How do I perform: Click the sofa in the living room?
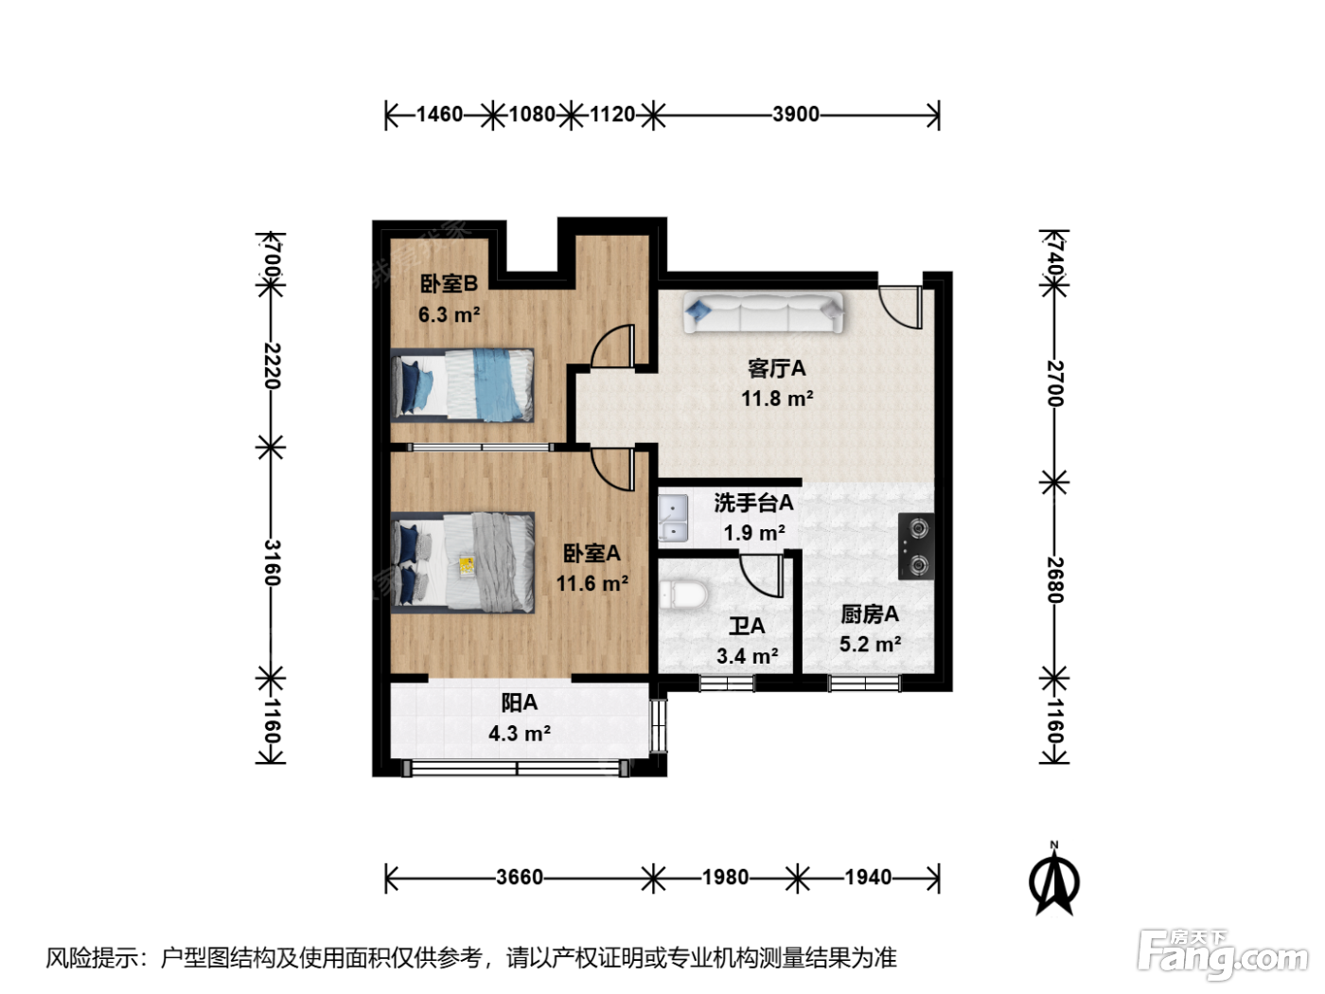pos(763,312)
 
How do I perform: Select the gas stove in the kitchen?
pos(916,547)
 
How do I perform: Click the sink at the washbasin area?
pos(673,518)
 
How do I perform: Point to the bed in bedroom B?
pos(463,384)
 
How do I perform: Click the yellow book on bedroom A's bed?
pos(466,566)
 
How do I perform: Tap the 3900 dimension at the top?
pos(796,114)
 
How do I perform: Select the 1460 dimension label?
pos(439,114)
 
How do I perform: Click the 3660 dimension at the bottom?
pos(520,877)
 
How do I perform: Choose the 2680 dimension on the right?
pos(1054,579)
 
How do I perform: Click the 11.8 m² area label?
pos(777,399)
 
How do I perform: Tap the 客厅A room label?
pos(776,367)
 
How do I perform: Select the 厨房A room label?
pos(870,614)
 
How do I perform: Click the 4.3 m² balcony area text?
pos(520,734)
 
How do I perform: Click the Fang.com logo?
pos(1223,956)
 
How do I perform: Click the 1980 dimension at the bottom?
pos(725,877)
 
